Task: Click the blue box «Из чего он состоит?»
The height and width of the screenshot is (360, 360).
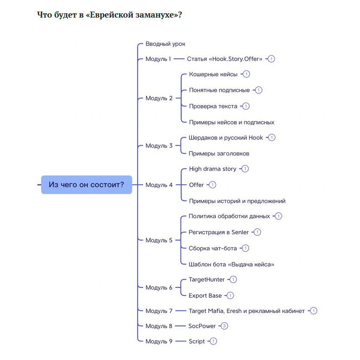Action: tap(86, 185)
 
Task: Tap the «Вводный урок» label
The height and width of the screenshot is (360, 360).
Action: tap(165, 44)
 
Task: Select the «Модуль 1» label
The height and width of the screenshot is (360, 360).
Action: tap(158, 59)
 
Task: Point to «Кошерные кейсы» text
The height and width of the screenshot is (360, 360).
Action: tap(213, 74)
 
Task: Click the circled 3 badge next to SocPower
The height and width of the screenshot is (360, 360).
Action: tap(224, 326)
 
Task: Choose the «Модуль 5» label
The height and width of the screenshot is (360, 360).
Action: tap(159, 240)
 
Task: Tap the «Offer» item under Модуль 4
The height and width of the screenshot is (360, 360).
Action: tap(196, 185)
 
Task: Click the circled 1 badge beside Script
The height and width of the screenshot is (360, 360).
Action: tap(213, 341)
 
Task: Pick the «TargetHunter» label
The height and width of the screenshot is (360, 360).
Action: tap(207, 279)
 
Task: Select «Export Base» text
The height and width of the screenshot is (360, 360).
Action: tap(205, 296)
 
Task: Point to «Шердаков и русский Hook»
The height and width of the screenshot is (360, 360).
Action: tap(226, 138)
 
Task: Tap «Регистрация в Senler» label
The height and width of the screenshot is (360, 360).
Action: tap(219, 232)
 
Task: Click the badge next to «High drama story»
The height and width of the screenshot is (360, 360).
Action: tap(245, 169)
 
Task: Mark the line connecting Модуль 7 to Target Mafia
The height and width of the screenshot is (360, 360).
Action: tap(181, 311)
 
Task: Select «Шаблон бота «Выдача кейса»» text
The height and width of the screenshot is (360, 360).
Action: tap(232, 264)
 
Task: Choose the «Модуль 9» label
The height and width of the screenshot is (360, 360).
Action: tap(159, 341)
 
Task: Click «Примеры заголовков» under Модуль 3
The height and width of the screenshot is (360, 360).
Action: tap(219, 153)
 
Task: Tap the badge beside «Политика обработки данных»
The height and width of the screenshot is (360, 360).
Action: tap(278, 216)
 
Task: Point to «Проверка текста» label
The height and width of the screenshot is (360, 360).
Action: tap(213, 106)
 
